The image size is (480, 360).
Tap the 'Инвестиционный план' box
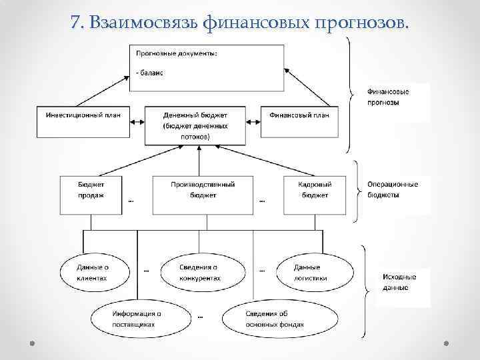point(83,120)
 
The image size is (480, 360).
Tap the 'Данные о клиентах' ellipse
point(93,272)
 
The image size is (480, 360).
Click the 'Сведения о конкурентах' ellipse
point(199,272)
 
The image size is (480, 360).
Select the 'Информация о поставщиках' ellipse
point(137,319)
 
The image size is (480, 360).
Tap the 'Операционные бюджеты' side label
point(392,189)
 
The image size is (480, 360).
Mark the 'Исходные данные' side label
point(399,282)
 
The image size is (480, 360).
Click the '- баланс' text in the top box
point(150,73)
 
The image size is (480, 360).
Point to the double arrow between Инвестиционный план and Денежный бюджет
point(137,121)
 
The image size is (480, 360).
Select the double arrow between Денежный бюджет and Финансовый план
point(253,121)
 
